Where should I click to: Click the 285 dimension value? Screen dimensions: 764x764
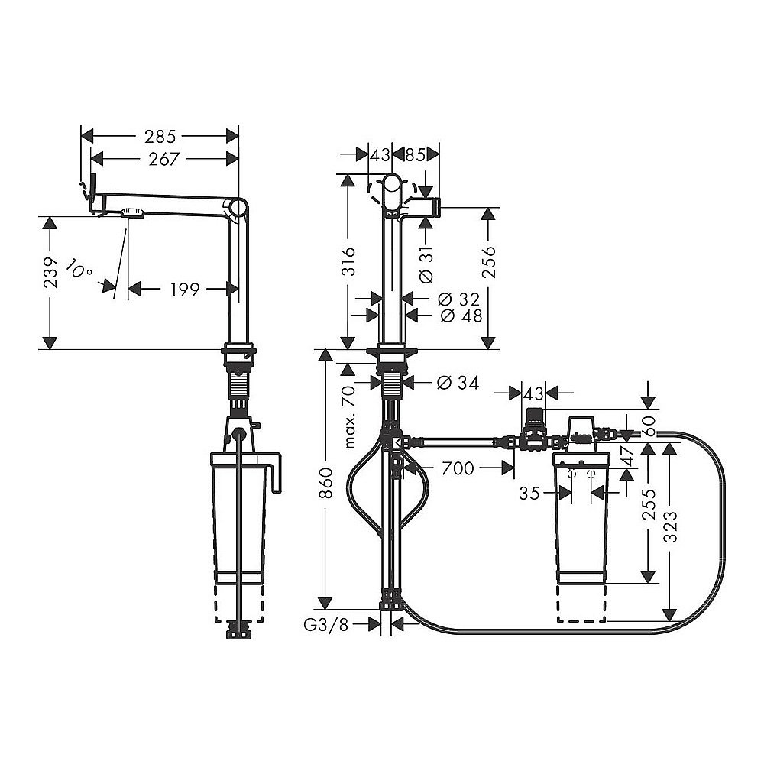pos(160,136)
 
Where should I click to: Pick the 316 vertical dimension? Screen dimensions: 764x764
pos(348,264)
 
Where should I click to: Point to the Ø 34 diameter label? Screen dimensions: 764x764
pos(458,383)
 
